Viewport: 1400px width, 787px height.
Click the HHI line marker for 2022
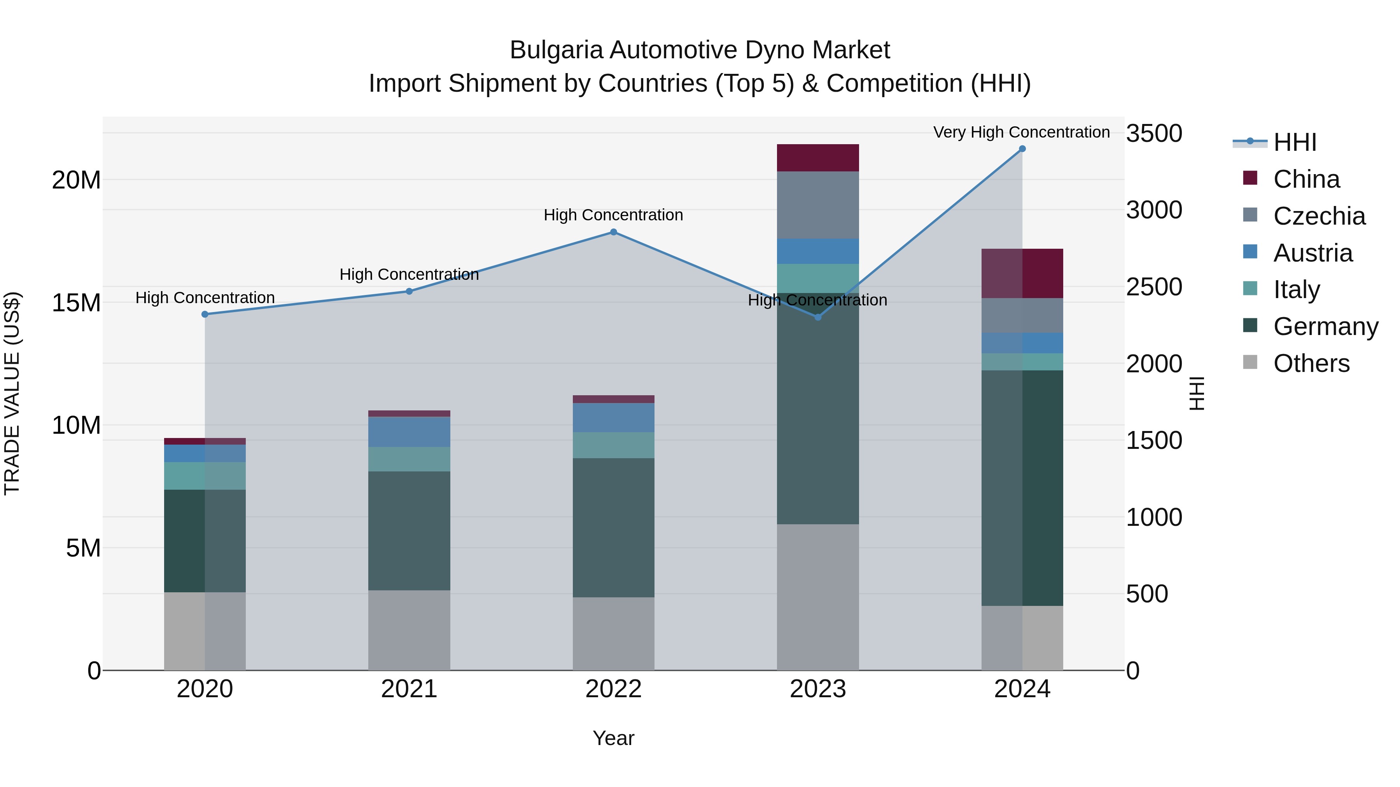(x=614, y=232)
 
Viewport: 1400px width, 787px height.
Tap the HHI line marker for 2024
(x=1022, y=149)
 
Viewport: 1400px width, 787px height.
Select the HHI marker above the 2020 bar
(x=205, y=314)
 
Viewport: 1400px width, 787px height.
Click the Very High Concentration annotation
(x=1021, y=133)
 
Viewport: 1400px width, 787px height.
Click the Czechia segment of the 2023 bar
(x=817, y=205)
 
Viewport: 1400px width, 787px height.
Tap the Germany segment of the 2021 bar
(x=409, y=530)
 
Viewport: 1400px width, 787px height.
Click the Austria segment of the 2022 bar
(x=614, y=418)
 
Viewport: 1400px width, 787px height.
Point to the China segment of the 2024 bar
(x=1022, y=273)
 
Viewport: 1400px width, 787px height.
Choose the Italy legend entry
(x=1296, y=290)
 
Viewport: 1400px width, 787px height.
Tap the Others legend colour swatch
(x=1250, y=362)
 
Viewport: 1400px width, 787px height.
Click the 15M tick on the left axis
(x=76, y=302)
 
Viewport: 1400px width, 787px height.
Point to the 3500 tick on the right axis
(x=1154, y=133)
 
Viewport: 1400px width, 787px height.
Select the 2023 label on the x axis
(x=817, y=689)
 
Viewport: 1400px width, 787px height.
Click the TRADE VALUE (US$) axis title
(x=12, y=393)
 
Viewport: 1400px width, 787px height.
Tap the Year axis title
(x=614, y=738)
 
